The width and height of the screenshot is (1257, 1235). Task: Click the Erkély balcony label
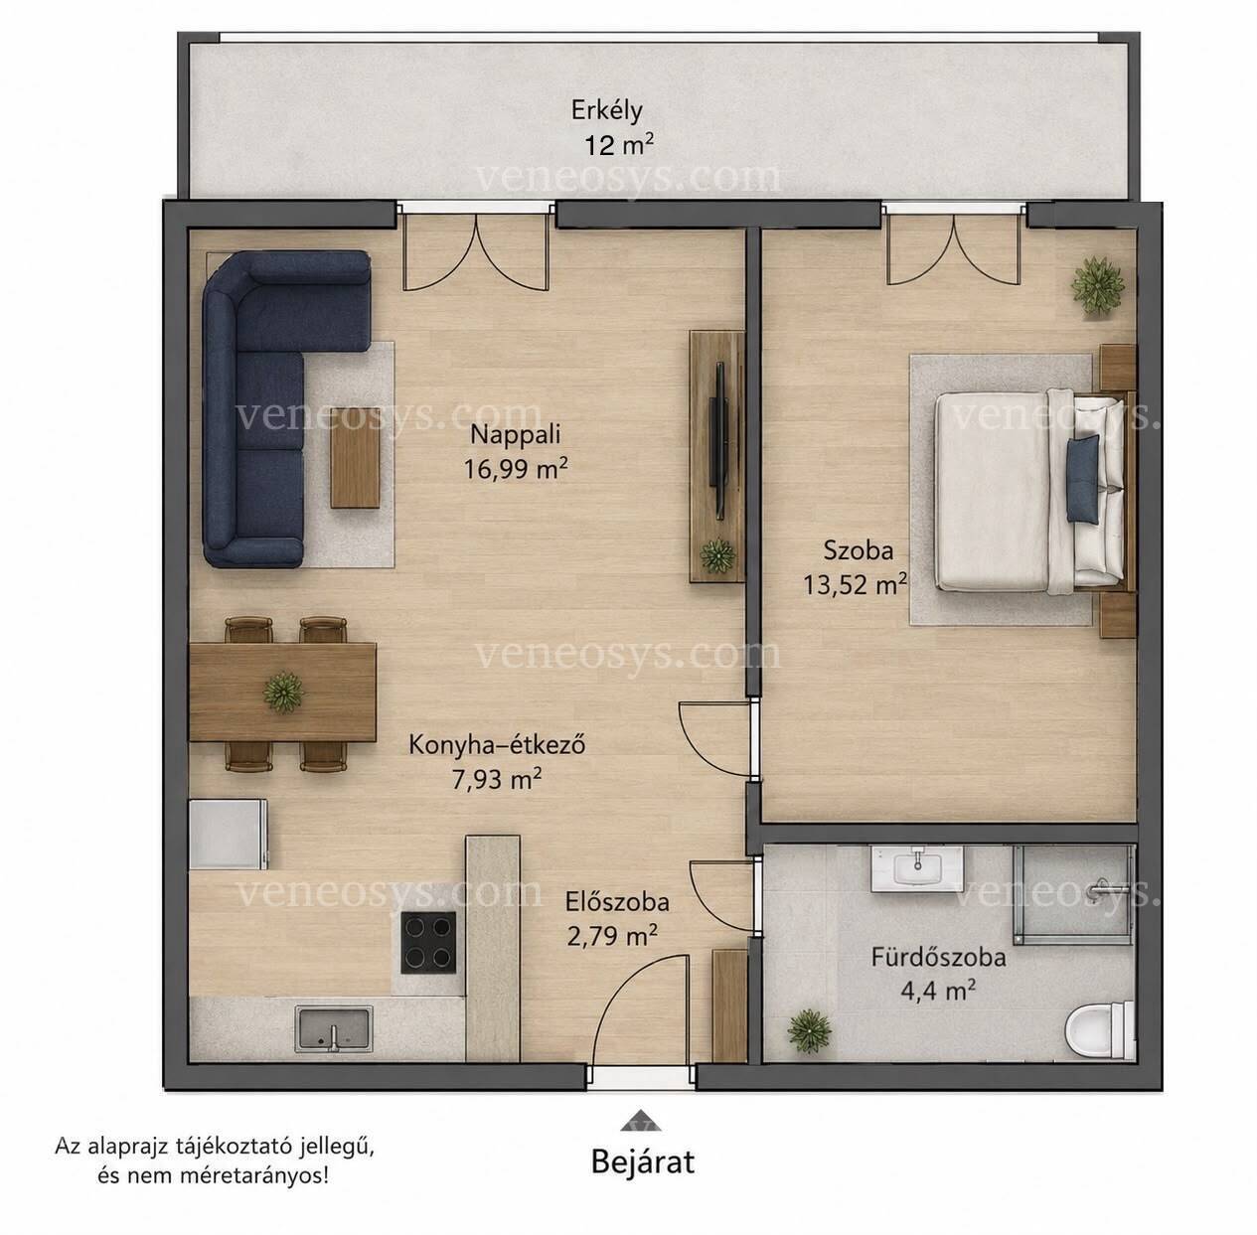pos(606,111)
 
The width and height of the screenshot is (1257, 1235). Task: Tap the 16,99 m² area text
pos(515,468)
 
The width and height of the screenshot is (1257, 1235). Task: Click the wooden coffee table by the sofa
pos(355,457)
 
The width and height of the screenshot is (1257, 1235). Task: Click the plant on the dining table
pos(283,692)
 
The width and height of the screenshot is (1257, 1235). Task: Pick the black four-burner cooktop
pos(428,943)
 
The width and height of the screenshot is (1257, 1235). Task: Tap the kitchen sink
pos(333,1028)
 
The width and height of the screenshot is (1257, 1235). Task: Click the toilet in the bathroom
pos(1100,1030)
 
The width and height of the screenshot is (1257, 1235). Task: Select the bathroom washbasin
pos(917,868)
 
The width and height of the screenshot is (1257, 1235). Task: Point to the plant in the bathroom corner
pos(809,1030)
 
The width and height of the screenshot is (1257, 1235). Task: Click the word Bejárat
pos(643,1161)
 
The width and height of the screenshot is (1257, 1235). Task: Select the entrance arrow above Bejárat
pos(642,1120)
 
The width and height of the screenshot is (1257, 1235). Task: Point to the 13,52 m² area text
pos(854,584)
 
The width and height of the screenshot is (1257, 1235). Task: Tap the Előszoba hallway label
pos(617,902)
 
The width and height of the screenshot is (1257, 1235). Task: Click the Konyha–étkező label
pos(497,744)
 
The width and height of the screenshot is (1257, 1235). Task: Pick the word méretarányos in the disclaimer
pos(248,1176)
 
